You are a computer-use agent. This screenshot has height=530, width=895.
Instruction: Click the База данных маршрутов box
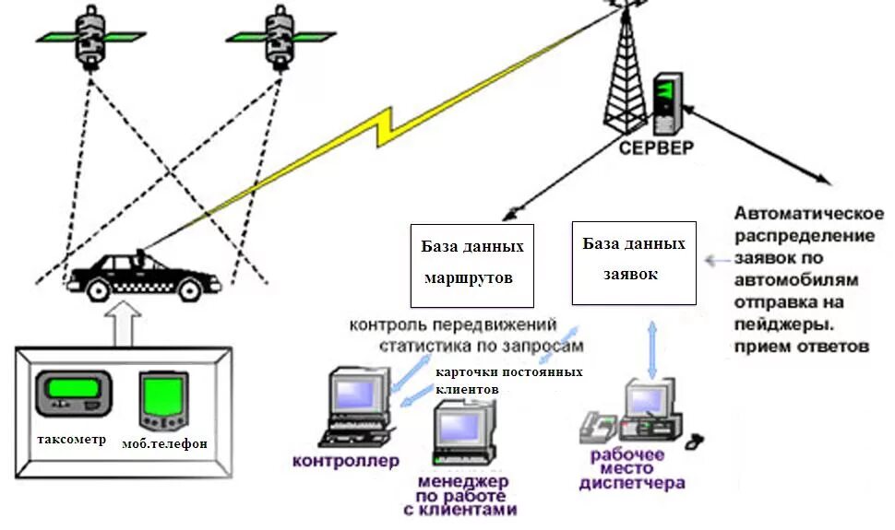tap(471, 263)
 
